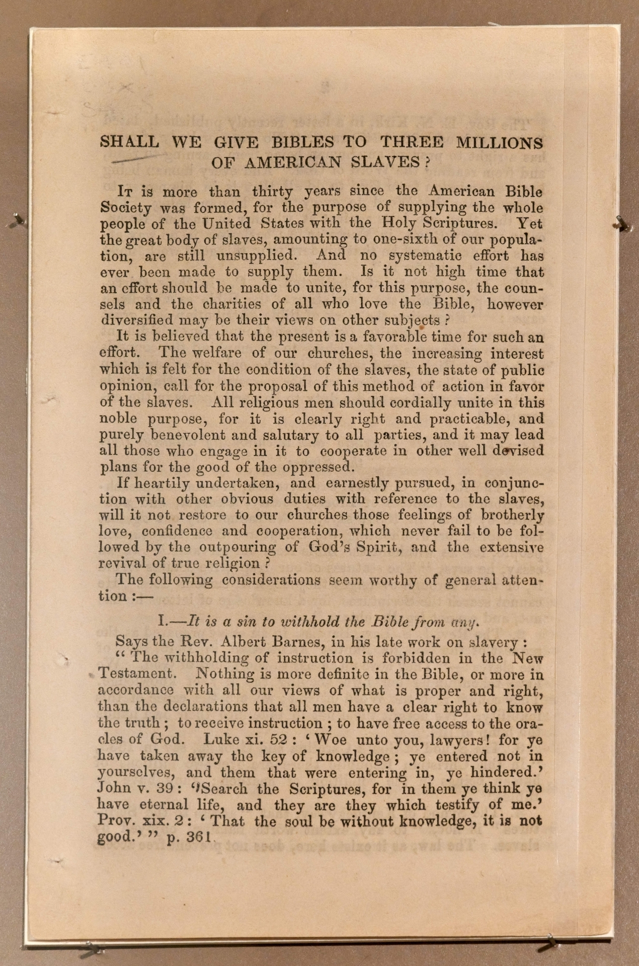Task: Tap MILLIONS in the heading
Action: click(499, 143)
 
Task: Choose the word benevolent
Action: click(181, 434)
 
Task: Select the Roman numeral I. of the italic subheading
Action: click(162, 621)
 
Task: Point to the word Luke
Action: click(222, 740)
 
